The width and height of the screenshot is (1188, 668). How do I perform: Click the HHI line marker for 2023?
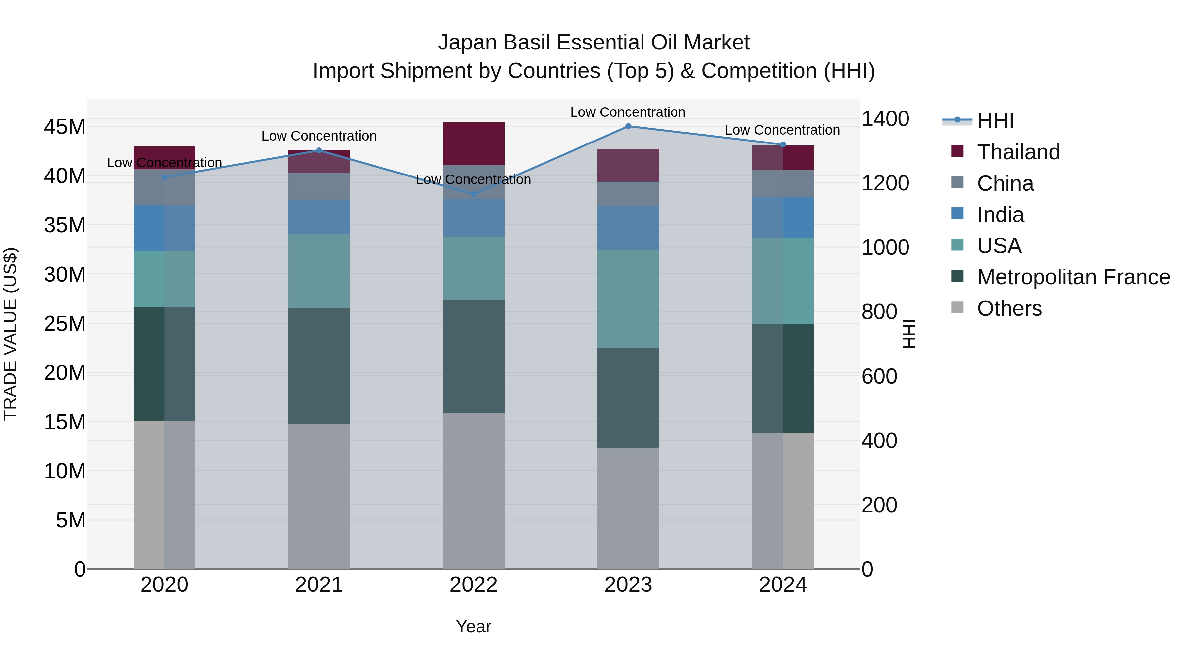click(x=628, y=126)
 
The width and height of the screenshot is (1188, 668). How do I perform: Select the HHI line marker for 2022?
click(x=473, y=194)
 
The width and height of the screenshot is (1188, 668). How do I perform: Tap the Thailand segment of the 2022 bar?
click(x=473, y=143)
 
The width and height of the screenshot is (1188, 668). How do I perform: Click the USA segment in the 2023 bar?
click(x=628, y=299)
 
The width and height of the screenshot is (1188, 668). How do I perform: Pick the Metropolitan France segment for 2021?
click(x=319, y=365)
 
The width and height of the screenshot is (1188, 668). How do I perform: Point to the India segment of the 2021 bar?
click(x=319, y=217)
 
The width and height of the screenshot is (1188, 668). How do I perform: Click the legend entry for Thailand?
click(x=1018, y=152)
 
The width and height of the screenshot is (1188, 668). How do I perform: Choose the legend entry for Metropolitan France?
click(x=1073, y=277)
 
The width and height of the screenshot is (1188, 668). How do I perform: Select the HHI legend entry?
click(x=995, y=121)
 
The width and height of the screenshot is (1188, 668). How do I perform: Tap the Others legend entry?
click(x=1009, y=308)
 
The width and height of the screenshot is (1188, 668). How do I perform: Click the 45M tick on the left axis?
click(x=65, y=127)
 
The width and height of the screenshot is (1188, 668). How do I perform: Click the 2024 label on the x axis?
click(x=783, y=585)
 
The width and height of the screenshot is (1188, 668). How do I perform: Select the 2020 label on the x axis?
click(x=164, y=585)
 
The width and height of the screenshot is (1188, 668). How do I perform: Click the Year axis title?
click(x=473, y=626)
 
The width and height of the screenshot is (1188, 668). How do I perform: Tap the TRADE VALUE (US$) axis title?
click(x=10, y=334)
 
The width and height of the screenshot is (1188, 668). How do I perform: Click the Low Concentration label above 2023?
click(x=628, y=112)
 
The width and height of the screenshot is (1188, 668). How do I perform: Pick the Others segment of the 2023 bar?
click(x=628, y=508)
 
